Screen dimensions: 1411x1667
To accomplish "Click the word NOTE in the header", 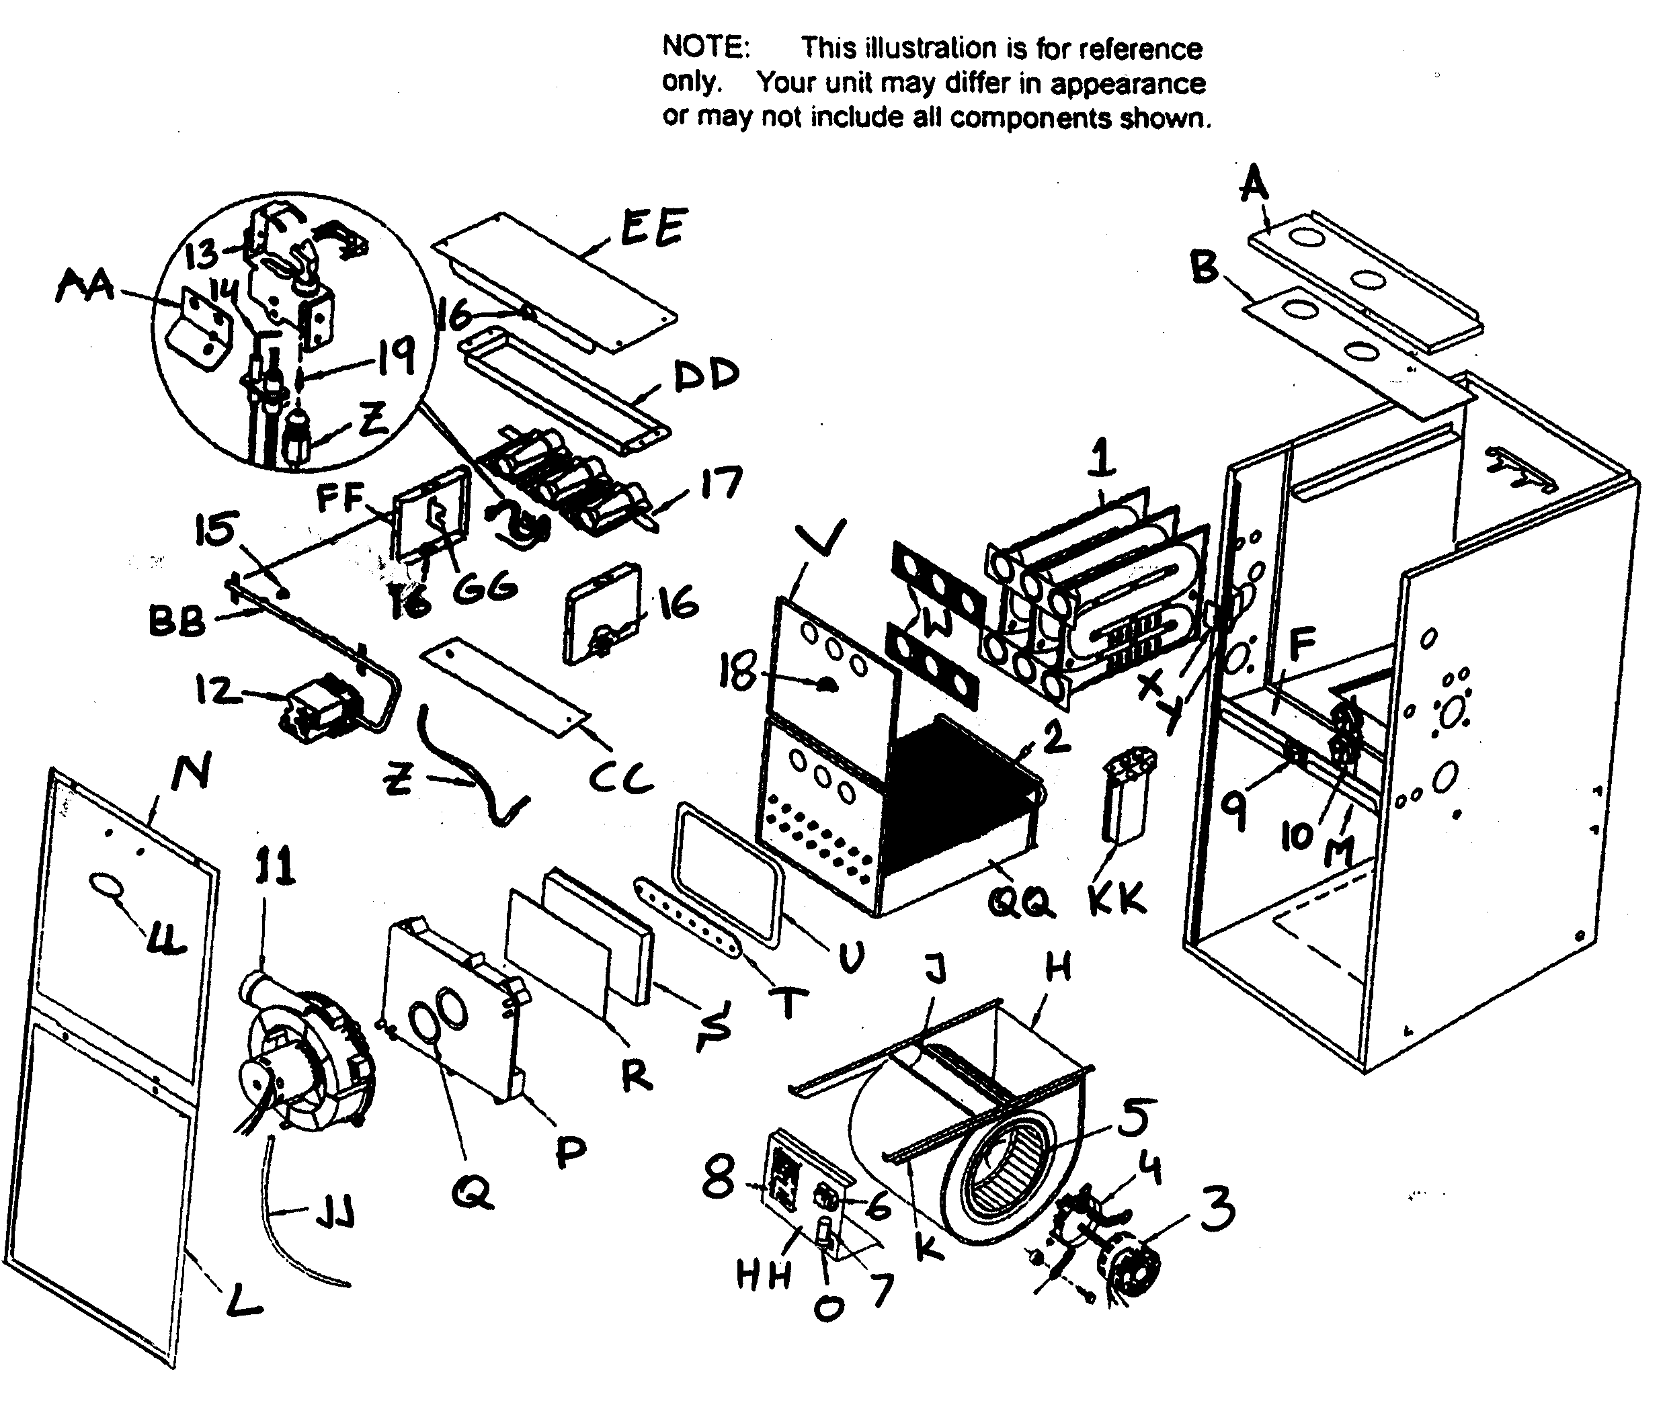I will click(x=705, y=47).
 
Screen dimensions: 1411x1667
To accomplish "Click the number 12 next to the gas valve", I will click(x=216, y=689).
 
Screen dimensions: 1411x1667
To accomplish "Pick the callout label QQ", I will click(x=1020, y=903).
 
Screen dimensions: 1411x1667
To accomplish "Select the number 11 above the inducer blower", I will click(x=274, y=866).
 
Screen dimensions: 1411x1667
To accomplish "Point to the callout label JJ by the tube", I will click(x=335, y=1217).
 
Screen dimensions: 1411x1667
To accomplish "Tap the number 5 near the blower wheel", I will click(x=1135, y=1118).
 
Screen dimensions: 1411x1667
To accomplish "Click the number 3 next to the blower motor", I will click(x=1217, y=1209).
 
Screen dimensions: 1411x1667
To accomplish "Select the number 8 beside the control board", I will click(x=718, y=1179).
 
